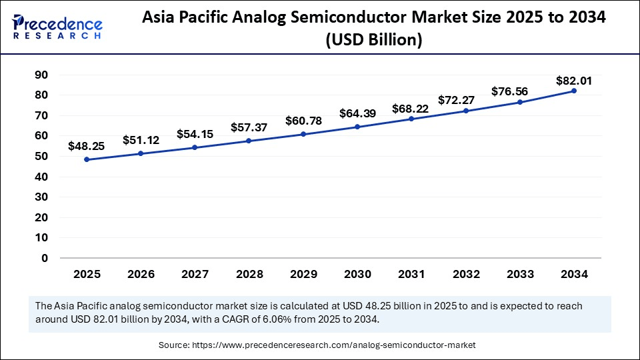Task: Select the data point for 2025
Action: click(87, 159)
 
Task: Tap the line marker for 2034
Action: click(574, 91)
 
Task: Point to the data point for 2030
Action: click(357, 127)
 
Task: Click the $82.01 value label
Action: click(574, 81)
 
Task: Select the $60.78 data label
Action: click(303, 121)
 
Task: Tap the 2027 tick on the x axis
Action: click(195, 274)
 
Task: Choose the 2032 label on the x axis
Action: click(465, 274)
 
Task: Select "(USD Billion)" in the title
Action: click(374, 40)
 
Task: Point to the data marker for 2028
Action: click(249, 141)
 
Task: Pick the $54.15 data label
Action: click(195, 134)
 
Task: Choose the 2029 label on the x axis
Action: click(303, 274)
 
